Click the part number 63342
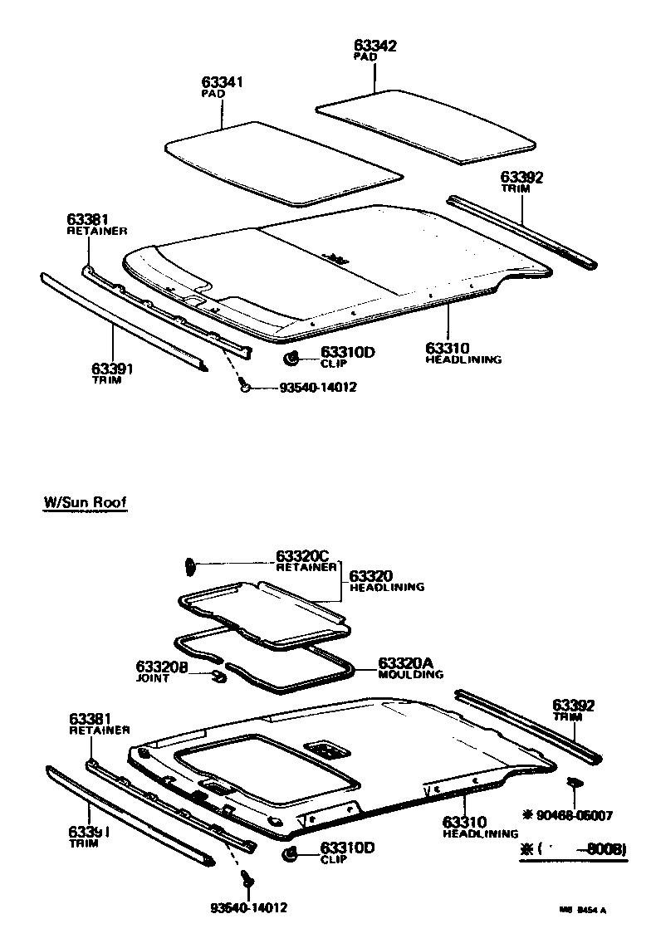[374, 46]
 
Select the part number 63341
[223, 83]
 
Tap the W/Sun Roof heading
[86, 503]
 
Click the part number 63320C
[303, 556]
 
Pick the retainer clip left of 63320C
[189, 566]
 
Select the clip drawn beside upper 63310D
[292, 358]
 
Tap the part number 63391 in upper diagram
[112, 368]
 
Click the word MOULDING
[411, 675]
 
